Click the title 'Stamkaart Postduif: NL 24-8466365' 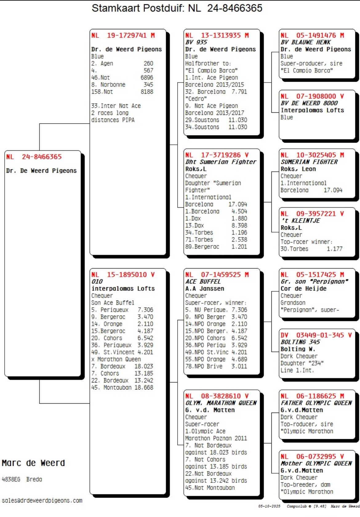(177, 8)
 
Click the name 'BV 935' (196, 42)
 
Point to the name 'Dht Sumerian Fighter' (221, 162)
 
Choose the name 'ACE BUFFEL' (203, 281)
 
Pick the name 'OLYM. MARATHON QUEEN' (221, 403)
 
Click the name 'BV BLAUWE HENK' (306, 42)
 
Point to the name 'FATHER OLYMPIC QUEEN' (316, 403)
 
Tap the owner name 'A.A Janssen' (205, 289)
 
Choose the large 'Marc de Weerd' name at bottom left (33, 463)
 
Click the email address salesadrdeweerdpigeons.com (42, 501)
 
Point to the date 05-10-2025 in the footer (269, 506)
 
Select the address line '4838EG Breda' (22, 479)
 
